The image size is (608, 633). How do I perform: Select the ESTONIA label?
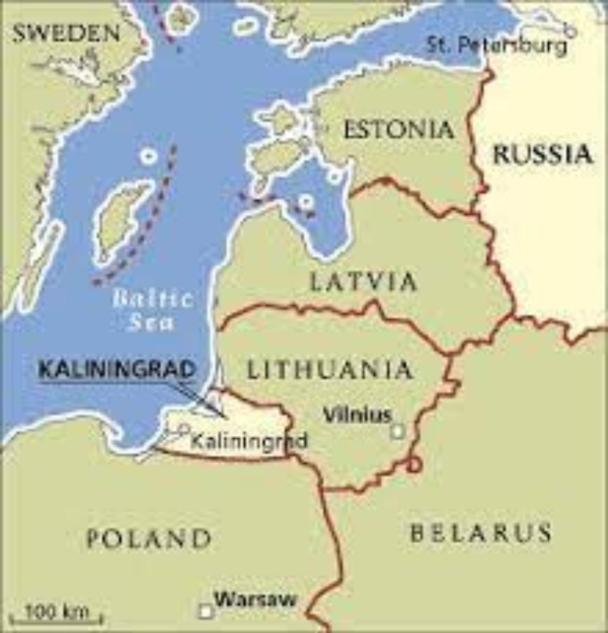(x=398, y=129)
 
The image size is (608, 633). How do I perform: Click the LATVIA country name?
(x=363, y=281)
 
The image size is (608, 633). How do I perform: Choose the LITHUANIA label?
(x=330, y=370)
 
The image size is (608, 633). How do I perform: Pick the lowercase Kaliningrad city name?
(x=249, y=441)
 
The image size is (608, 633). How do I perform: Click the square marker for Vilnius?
(x=397, y=431)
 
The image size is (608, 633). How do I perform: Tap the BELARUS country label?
(x=481, y=532)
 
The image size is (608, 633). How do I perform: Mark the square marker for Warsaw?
(x=205, y=611)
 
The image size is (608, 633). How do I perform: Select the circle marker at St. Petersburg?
(x=570, y=32)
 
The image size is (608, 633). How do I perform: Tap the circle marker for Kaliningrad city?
(x=184, y=428)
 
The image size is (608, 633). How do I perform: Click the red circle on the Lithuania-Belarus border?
(x=414, y=465)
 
